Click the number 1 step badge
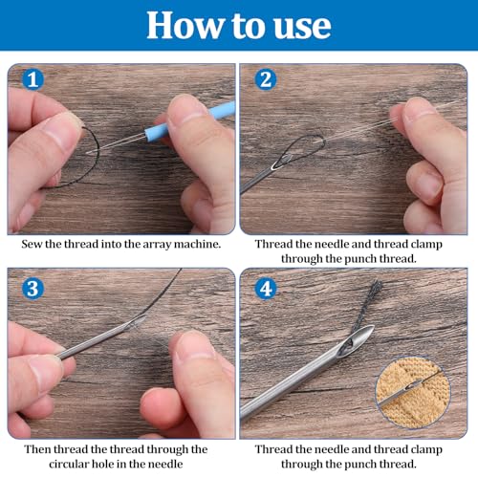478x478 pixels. tap(33, 79)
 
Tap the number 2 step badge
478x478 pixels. tap(266, 79)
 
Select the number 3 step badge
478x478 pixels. tap(33, 289)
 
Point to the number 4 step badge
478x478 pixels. tap(266, 289)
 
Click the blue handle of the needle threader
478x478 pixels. tap(188, 119)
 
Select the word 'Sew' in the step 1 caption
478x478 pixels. tap(32, 244)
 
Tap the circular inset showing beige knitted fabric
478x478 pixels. tap(413, 393)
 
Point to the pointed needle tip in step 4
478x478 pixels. tap(372, 326)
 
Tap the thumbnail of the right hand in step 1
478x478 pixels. tap(187, 108)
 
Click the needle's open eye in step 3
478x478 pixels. tap(136, 322)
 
